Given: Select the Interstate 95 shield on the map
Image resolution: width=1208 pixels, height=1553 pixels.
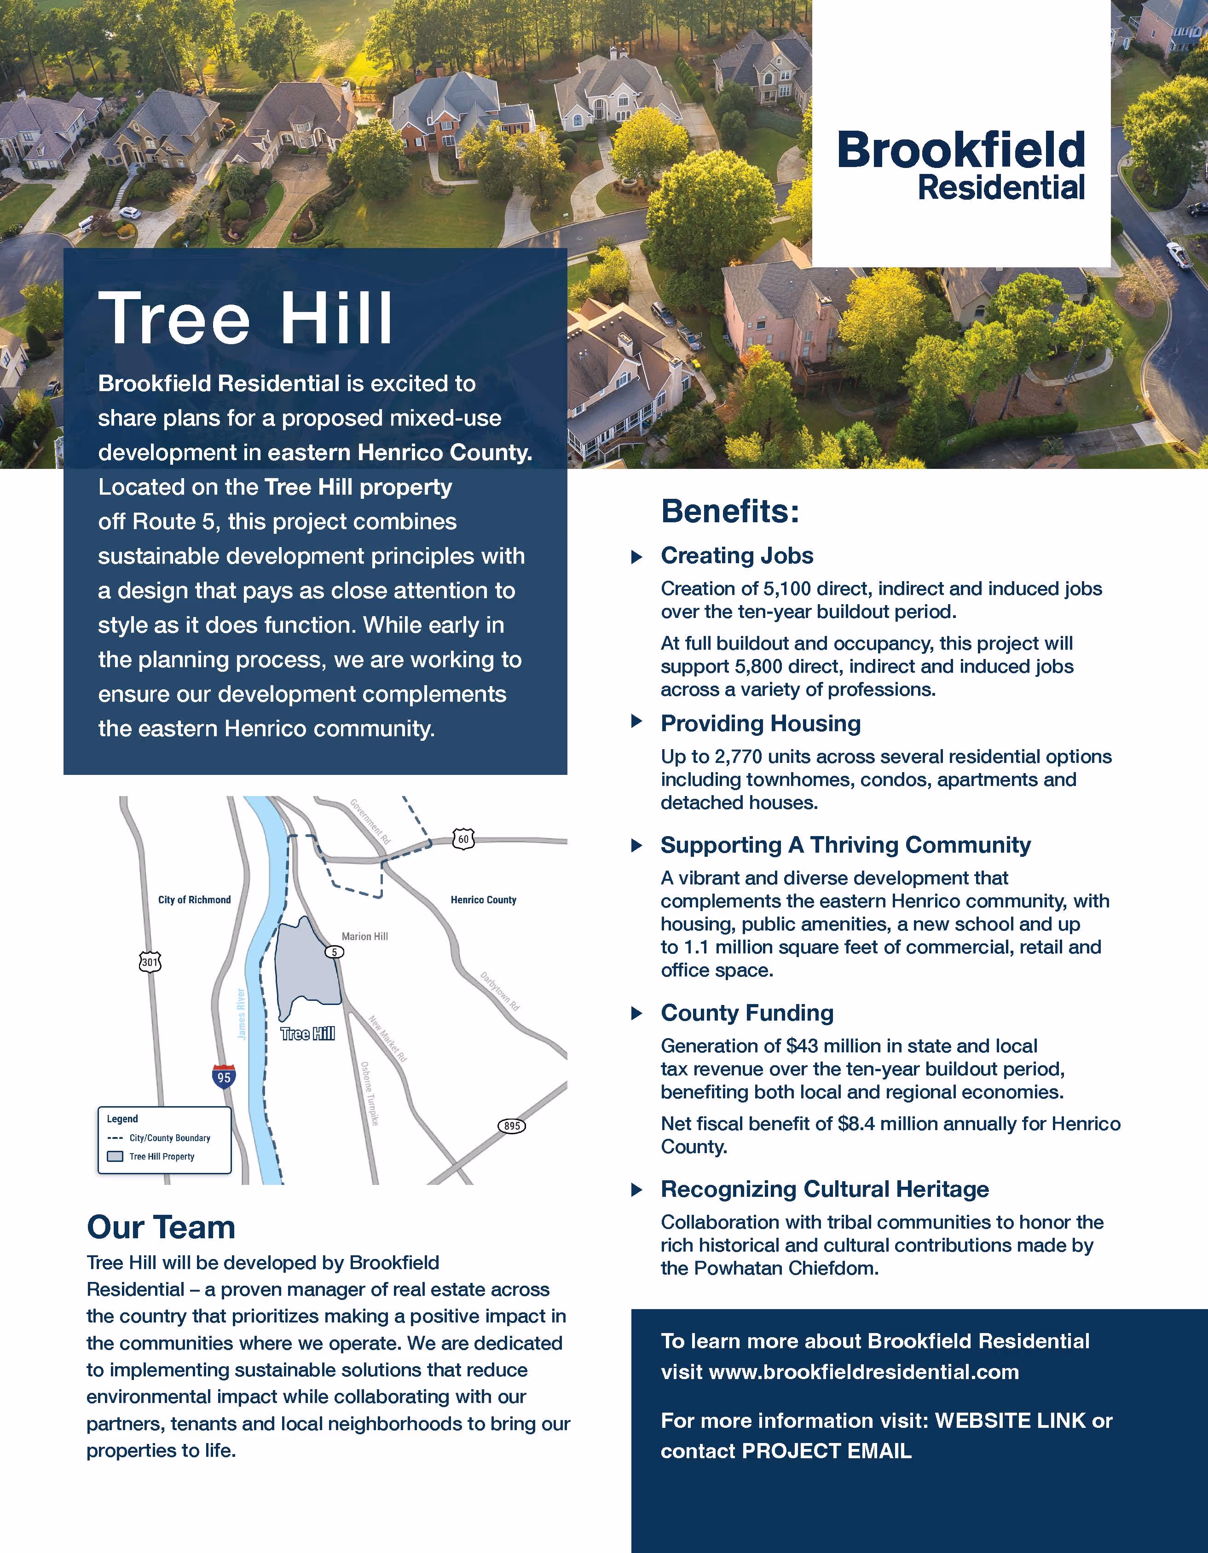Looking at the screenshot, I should (x=224, y=1077).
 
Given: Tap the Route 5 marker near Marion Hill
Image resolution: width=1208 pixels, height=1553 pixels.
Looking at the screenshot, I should (x=334, y=952).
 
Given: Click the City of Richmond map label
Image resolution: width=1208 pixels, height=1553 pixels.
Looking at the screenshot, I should (x=194, y=900).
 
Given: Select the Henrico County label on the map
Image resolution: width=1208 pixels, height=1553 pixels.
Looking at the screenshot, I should (x=484, y=900).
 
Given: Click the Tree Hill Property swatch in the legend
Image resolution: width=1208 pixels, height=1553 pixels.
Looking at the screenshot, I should (x=115, y=1156).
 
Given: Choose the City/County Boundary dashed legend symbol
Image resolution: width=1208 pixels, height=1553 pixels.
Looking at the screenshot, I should (x=115, y=1138).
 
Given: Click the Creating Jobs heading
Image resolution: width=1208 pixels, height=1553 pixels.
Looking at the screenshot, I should (x=737, y=555).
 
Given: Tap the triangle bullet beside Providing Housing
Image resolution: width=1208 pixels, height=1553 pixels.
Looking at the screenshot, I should (x=637, y=722).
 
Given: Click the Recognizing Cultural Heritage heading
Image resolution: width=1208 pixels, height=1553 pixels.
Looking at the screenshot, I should (x=825, y=1189).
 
